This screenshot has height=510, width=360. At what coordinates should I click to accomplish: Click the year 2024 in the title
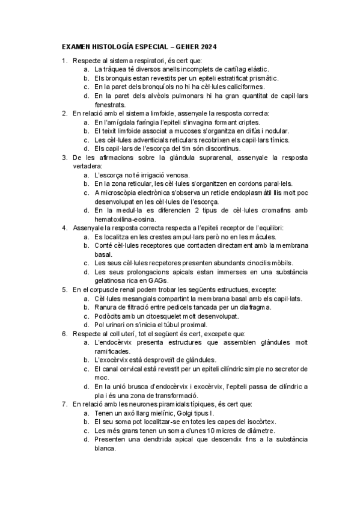(x=207, y=46)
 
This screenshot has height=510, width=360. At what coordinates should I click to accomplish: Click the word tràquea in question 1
(x=115, y=69)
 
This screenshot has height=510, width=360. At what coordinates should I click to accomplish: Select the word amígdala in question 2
(x=128, y=121)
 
